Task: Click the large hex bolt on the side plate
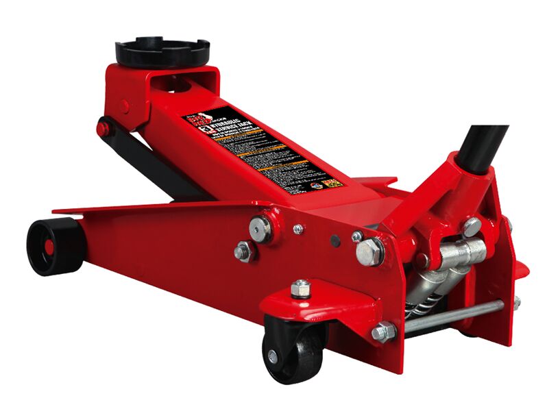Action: pos(370,251)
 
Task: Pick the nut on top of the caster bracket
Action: pos(300,288)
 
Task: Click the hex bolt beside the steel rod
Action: pos(383,333)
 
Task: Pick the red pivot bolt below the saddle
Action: pos(102,128)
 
